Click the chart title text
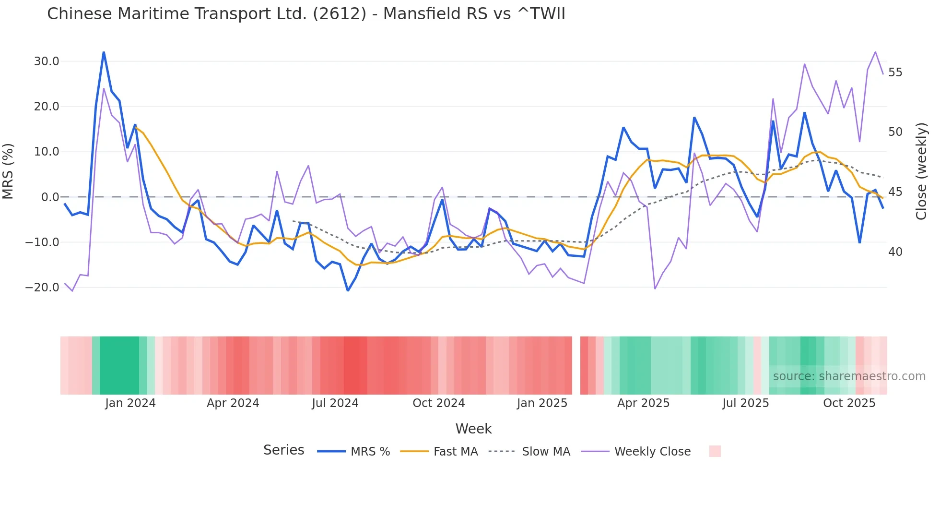(x=306, y=14)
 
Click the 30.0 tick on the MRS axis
(x=47, y=61)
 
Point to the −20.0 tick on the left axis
(x=43, y=288)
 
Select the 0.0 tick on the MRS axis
(x=50, y=197)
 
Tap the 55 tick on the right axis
(x=895, y=72)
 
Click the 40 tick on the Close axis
(x=895, y=252)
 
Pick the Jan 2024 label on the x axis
(x=130, y=403)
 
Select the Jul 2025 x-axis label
(x=745, y=403)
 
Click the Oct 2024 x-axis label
(x=438, y=403)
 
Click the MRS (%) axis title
(x=8, y=171)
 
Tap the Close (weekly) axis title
(x=921, y=171)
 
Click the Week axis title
(x=473, y=429)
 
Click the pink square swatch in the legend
(x=715, y=451)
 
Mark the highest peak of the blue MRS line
(x=104, y=52)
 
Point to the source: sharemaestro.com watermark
(x=849, y=376)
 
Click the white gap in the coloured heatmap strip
(x=576, y=365)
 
